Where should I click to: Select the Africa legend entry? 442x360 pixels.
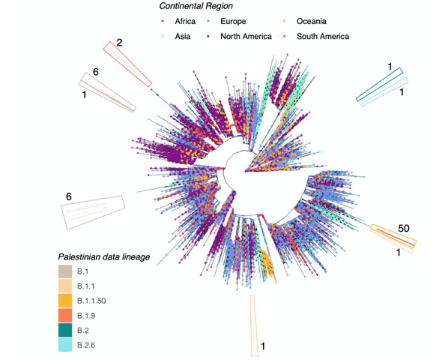point(181,22)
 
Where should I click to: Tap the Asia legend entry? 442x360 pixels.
point(178,36)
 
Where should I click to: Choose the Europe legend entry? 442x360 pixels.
point(230,22)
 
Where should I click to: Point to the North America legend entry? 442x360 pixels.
point(246,36)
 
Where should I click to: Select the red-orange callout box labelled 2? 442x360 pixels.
point(128,64)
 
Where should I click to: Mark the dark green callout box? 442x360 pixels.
point(381,83)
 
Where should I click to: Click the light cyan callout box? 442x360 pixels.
point(384,92)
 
